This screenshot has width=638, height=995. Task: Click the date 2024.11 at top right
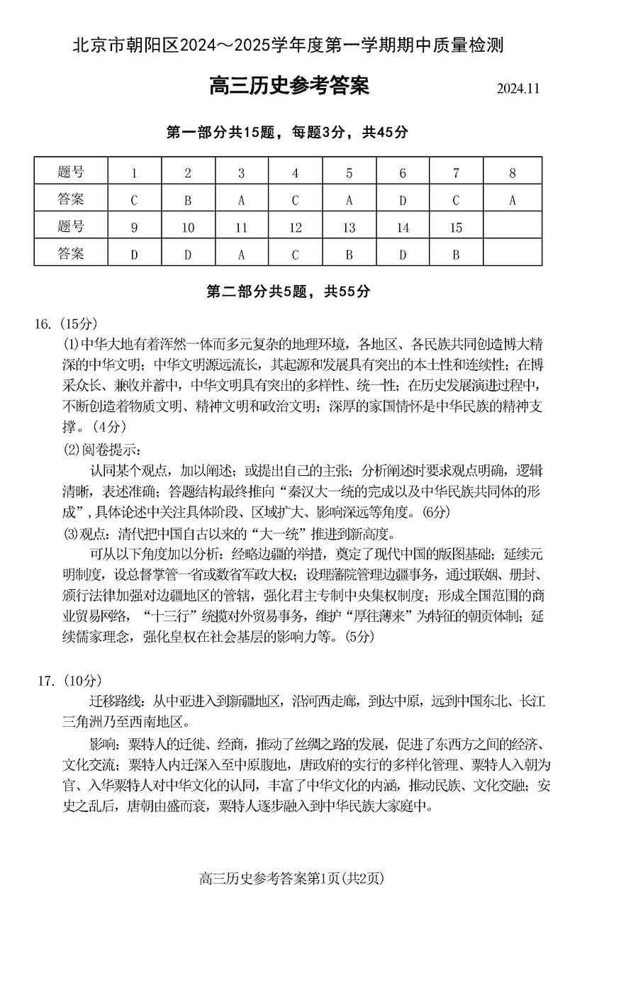tap(517, 89)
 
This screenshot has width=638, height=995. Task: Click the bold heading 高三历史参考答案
tap(289, 87)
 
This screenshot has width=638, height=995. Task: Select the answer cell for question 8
tap(512, 201)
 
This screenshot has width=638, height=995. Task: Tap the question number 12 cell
tap(295, 228)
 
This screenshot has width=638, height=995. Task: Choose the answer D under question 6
tap(403, 201)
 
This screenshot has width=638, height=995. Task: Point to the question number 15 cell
tap(456, 228)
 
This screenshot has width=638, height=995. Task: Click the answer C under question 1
tap(134, 201)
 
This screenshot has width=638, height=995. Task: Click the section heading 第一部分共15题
tap(287, 133)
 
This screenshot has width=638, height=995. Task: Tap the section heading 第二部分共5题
tap(287, 291)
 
